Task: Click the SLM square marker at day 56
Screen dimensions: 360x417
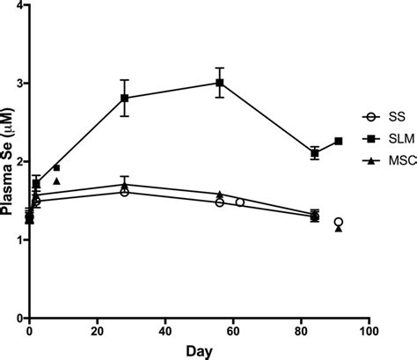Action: (x=219, y=83)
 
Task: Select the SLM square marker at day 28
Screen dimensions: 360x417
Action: (x=125, y=99)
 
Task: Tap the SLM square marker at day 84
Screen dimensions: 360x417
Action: (x=314, y=153)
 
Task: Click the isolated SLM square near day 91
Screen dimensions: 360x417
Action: (x=338, y=141)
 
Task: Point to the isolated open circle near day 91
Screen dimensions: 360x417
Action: (x=338, y=222)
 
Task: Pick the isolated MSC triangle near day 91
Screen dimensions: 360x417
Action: (x=338, y=229)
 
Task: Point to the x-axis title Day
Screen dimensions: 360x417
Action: (x=199, y=350)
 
